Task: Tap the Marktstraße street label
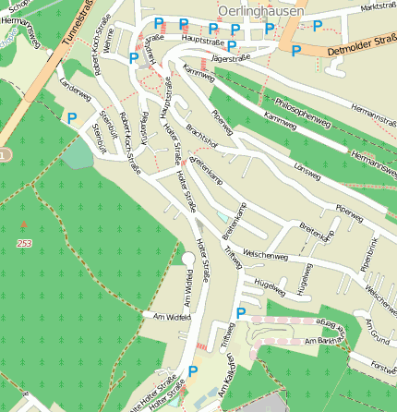pos(379,7)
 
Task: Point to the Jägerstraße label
pos(231,58)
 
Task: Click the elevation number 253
pos(24,243)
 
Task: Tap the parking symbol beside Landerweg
pos(72,117)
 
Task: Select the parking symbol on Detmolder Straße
pos(295,52)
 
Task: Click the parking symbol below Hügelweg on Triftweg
pos(240,314)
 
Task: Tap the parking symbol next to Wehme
pos(135,58)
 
